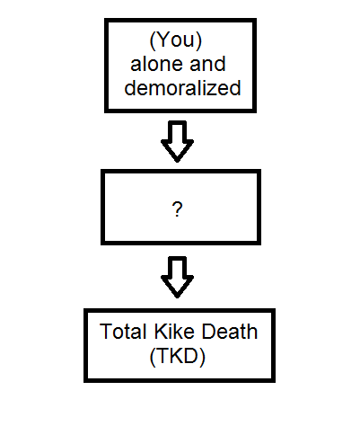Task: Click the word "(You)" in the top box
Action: pos(176,40)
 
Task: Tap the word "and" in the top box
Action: pos(207,64)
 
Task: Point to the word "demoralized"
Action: pos(182,88)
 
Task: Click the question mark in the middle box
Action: pos(177,209)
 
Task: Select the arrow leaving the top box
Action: pos(177,141)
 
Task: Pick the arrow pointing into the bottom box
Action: pos(177,277)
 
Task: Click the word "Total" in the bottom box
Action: pos(123,332)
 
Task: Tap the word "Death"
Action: pos(230,332)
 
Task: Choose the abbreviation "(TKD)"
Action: pos(178,357)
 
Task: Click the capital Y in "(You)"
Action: pos(162,40)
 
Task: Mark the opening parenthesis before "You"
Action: pos(152,40)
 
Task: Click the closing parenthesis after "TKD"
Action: pos(203,357)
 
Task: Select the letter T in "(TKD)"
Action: pos(162,356)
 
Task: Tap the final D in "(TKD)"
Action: pos(191,356)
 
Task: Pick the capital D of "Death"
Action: pos(209,332)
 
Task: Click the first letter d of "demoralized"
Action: pos(129,88)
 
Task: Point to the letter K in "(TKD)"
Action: pos(176,356)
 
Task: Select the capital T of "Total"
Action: pos(106,332)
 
